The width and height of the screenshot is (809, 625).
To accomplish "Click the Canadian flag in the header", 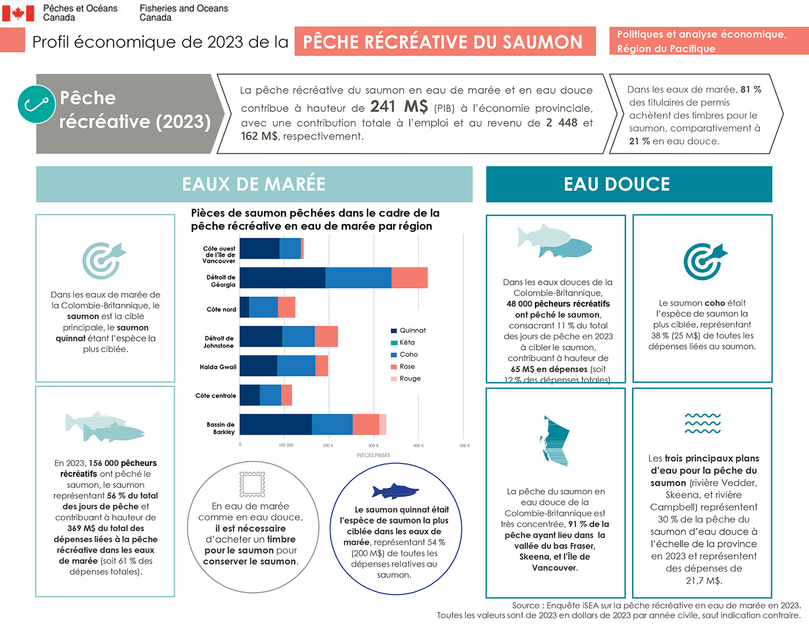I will click(x=18, y=13).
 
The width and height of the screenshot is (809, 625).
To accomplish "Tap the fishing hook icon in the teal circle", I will click(x=36, y=104).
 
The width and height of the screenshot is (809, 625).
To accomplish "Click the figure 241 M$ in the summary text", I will click(x=399, y=107).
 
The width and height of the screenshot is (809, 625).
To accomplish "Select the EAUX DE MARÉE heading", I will click(x=254, y=184).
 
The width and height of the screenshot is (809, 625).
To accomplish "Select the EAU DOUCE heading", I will click(x=617, y=184).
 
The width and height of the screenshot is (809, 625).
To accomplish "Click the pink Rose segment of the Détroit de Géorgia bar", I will click(x=409, y=278).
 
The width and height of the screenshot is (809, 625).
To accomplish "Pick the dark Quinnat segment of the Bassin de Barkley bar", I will click(x=276, y=424).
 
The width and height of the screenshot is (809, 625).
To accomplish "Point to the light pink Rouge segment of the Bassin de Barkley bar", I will click(x=382, y=424).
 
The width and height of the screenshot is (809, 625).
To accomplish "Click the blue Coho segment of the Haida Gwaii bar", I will click(x=296, y=366).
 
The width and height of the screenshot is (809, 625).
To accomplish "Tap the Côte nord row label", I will click(x=221, y=310).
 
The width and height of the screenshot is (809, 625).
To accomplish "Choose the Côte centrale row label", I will click(x=216, y=396).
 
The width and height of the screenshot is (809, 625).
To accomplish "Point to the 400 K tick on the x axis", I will click(x=419, y=445).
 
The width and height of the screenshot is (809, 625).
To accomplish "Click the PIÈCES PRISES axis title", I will click(x=373, y=455).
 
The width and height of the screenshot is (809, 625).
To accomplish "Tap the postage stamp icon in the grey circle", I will click(x=252, y=484).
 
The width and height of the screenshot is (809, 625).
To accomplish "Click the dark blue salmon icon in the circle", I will click(x=395, y=491).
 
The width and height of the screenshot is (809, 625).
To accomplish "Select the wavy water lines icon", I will click(x=702, y=423).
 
